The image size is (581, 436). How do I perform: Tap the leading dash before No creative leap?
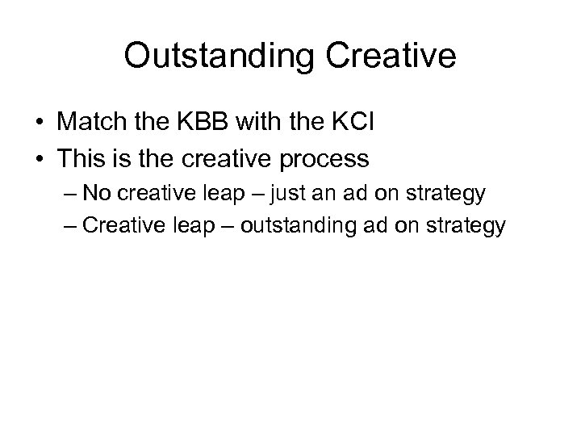pos(71,194)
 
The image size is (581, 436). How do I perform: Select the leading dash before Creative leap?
pos(71,224)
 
